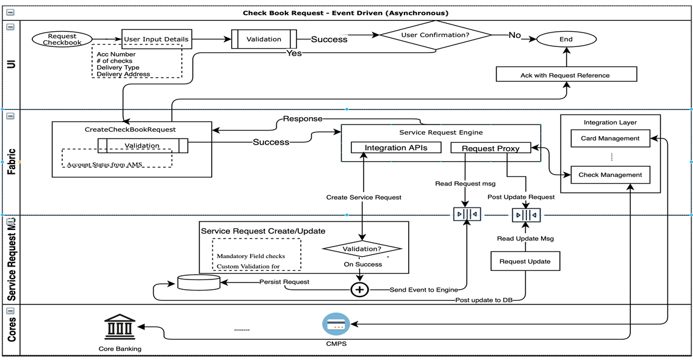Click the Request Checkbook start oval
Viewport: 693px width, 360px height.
[62, 40]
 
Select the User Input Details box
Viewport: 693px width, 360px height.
[156, 40]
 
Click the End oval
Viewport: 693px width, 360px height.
[566, 40]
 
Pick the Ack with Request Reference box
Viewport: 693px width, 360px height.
[566, 75]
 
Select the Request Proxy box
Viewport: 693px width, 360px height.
[490, 148]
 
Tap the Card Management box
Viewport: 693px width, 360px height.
[610, 139]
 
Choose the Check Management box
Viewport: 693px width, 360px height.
[610, 175]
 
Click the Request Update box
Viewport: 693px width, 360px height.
[525, 261]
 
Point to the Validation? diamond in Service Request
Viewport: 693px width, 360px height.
[362, 249]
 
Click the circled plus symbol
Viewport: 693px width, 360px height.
[360, 289]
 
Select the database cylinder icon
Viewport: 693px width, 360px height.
[198, 283]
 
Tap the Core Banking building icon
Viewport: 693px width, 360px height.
[120, 328]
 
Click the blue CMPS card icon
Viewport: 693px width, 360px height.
[336, 325]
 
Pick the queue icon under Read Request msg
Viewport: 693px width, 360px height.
[467, 214]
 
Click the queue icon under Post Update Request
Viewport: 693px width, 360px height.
[526, 215]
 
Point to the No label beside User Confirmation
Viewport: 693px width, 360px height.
[515, 35]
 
